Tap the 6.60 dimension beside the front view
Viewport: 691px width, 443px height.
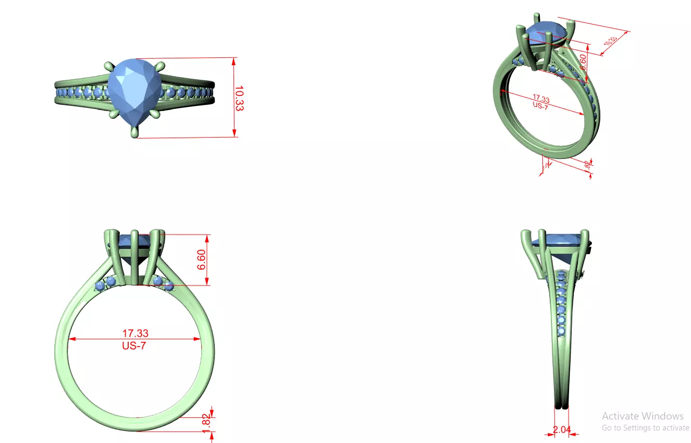tap(202, 259)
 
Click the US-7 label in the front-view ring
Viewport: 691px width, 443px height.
tap(134, 346)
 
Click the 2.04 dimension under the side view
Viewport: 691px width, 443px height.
tap(562, 430)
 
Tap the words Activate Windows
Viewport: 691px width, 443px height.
tap(643, 416)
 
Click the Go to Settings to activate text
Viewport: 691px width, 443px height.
tap(645, 428)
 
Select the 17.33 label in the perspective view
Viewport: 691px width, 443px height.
tap(541, 98)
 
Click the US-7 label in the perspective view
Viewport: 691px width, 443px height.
tap(540, 105)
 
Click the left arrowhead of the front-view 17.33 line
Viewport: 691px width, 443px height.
tap(72, 339)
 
